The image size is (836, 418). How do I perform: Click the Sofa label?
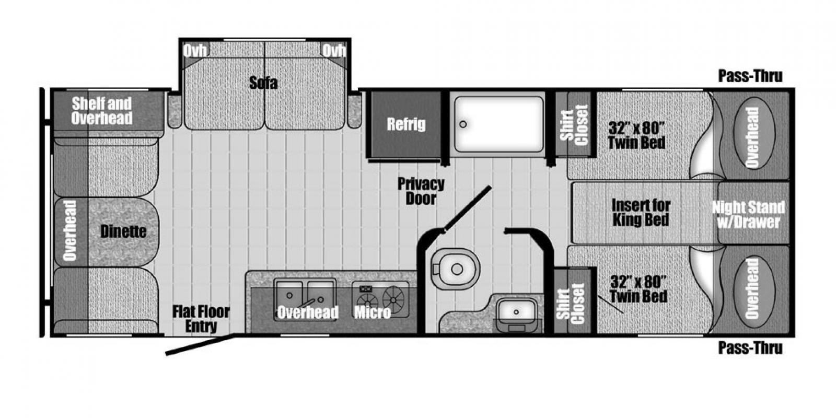click(263, 83)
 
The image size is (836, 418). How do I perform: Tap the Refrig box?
click(405, 124)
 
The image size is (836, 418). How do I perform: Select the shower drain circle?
click(463, 124)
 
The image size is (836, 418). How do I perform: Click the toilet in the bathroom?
click(455, 268)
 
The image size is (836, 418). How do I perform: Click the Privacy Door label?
click(421, 191)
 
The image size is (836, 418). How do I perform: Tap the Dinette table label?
click(123, 232)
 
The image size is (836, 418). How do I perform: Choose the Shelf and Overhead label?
click(102, 111)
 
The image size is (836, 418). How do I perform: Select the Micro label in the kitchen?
click(373, 312)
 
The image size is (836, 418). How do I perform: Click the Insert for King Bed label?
click(641, 212)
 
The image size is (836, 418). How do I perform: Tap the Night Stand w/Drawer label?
click(749, 215)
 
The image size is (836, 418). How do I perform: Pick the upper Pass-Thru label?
click(750, 76)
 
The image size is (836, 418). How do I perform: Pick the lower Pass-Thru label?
click(750, 348)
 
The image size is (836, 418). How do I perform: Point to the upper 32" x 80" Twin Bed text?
click(637, 135)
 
